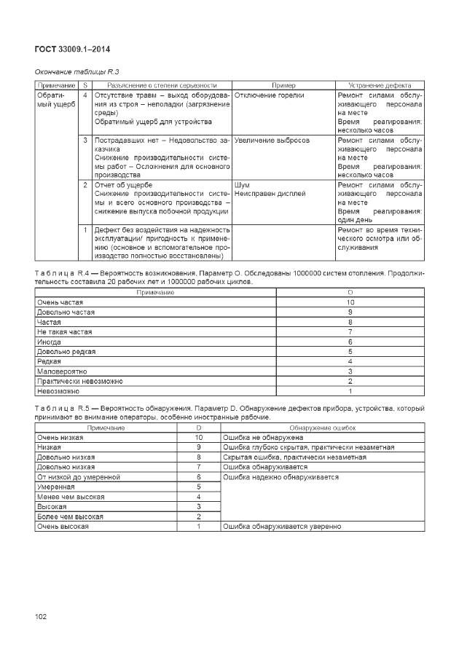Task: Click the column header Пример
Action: pyautogui.click(x=283, y=85)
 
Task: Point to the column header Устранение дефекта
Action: pyautogui.click(x=379, y=85)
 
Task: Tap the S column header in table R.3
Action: pyautogui.click(x=85, y=85)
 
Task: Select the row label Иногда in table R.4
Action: pyautogui.click(x=50, y=341)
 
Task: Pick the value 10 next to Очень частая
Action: pyautogui.click(x=350, y=302)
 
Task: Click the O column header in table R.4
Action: pyautogui.click(x=350, y=292)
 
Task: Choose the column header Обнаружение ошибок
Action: pyautogui.click(x=321, y=428)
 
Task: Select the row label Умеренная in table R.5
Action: pyautogui.click(x=57, y=487)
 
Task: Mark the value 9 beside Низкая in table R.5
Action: pyautogui.click(x=198, y=447)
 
